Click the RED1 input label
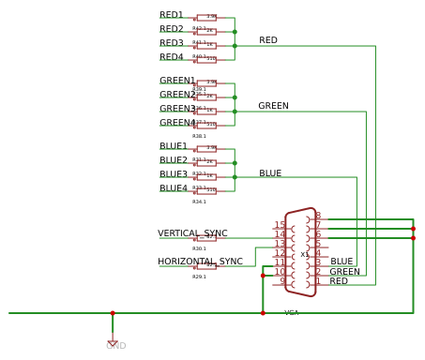[x=172, y=15]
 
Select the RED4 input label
[x=172, y=57]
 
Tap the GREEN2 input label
[x=177, y=95]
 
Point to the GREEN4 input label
[x=177, y=123]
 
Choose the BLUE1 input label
[x=174, y=146]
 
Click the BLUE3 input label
[x=174, y=174]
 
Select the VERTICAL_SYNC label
[x=192, y=233]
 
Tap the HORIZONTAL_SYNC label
[x=200, y=262]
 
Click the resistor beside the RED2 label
[x=206, y=31]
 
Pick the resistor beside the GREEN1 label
[x=206, y=82]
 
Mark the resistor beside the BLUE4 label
[x=206, y=190]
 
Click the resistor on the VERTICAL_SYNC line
[x=206, y=238]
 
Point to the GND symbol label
[x=115, y=346]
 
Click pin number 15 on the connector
[x=280, y=225]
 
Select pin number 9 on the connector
[x=281, y=281]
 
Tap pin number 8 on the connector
[x=318, y=216]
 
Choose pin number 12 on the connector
[x=280, y=253]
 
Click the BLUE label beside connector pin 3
[x=342, y=262]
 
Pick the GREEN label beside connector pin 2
[x=344, y=272]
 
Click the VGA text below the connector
[x=292, y=312]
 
